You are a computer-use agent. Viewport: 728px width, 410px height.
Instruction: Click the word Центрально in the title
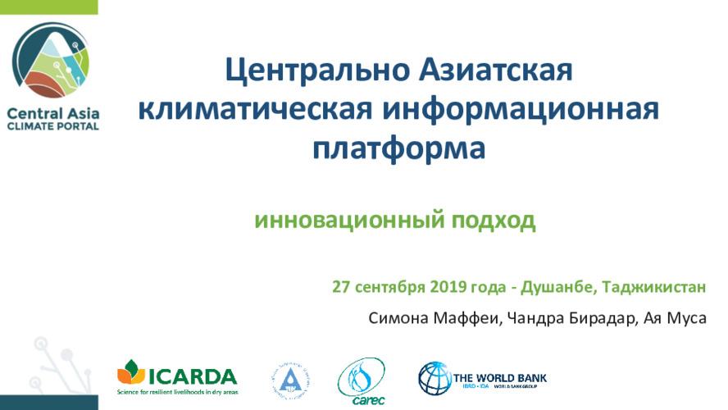click(x=310, y=70)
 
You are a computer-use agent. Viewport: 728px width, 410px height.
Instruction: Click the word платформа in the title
click(x=399, y=149)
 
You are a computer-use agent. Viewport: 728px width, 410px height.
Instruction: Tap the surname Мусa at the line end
click(x=685, y=317)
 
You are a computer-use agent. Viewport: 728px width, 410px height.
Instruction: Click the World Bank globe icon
click(x=435, y=378)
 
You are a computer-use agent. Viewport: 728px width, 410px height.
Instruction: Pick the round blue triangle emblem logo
click(x=289, y=380)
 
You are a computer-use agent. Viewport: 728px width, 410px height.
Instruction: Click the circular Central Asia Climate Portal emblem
click(x=50, y=60)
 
